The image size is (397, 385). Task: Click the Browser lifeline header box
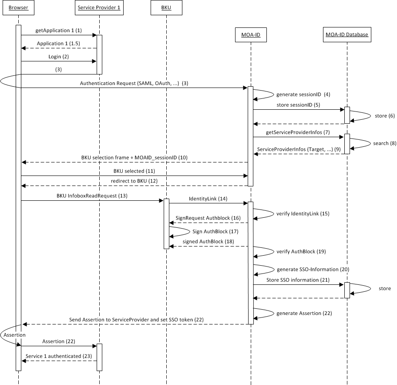click(x=18, y=8)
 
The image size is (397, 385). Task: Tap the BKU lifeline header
click(x=166, y=8)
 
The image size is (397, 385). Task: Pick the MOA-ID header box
click(x=251, y=35)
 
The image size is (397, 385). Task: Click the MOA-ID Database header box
click(x=347, y=35)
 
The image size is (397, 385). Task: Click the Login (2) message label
click(x=59, y=57)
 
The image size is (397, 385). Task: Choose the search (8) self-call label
click(x=380, y=143)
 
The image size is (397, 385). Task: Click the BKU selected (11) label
click(x=134, y=171)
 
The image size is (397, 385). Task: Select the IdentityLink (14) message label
click(x=208, y=199)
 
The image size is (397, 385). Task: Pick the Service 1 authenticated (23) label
click(x=59, y=356)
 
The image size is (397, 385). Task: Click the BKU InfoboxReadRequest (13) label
click(x=92, y=196)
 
